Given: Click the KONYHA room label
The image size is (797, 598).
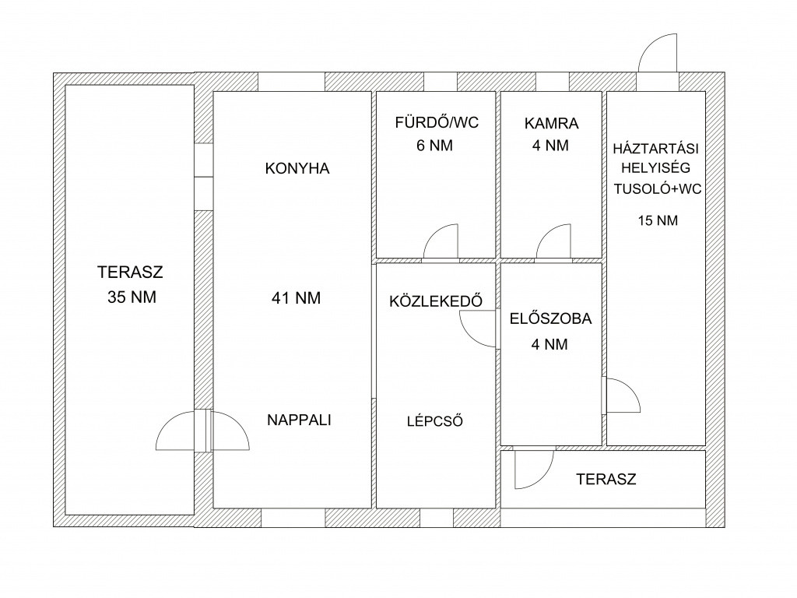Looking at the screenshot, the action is coord(297,168).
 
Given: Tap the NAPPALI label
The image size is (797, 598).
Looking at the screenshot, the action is coord(299,420).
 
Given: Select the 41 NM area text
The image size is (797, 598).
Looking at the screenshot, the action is coord(297,298).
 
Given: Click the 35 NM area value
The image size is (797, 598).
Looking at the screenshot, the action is coord(132,297).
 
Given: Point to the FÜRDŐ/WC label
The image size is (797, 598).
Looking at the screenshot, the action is coord(437,122).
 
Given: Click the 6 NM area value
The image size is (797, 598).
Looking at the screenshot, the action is coord(434,146).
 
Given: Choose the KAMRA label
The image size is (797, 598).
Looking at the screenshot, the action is coord(551,124).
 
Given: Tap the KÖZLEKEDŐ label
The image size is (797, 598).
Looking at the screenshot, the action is coord(436,301).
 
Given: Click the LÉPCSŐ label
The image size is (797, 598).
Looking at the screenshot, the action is coord(434,421).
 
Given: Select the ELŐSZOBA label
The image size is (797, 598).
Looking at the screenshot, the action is coord(550,318).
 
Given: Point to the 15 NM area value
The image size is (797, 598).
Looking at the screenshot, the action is coord(658,220).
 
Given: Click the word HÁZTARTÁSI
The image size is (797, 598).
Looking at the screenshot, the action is coord(655,149).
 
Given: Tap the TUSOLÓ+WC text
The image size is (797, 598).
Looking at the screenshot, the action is coord(657,189).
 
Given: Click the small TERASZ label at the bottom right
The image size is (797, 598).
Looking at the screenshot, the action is coord(606,479).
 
